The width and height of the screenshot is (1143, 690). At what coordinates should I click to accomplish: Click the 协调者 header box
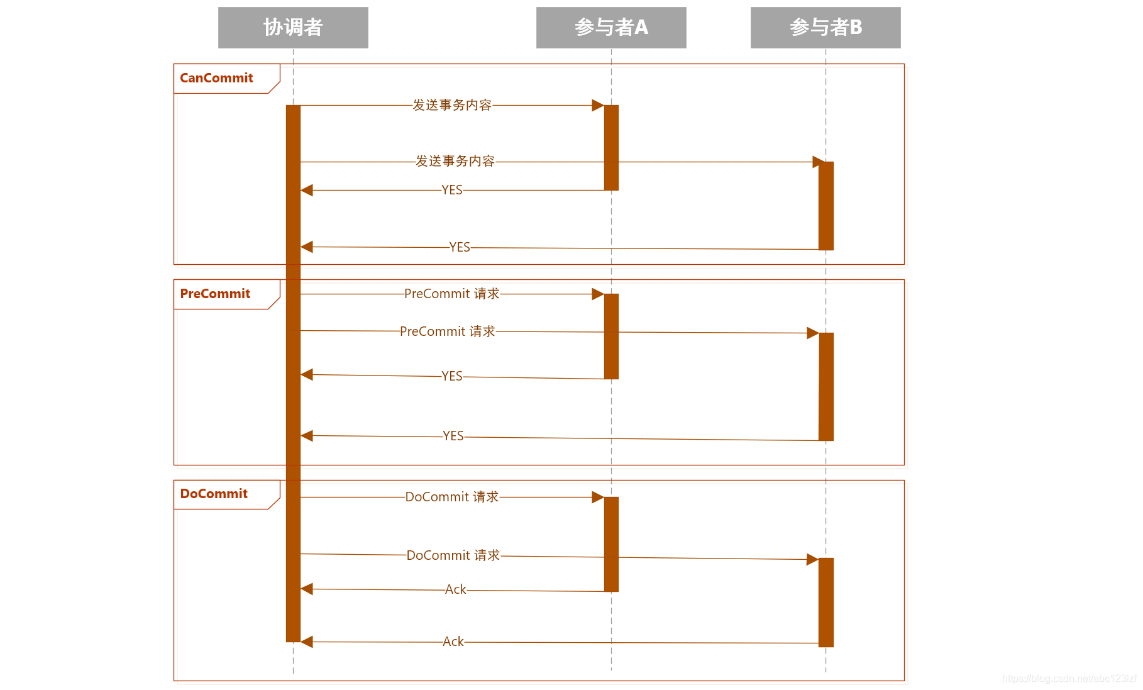[x=293, y=28]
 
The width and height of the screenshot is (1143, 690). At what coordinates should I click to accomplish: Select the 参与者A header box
[x=611, y=28]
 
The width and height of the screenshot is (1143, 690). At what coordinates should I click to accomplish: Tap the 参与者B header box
[x=825, y=28]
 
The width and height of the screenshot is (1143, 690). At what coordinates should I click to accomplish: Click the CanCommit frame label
[x=217, y=78]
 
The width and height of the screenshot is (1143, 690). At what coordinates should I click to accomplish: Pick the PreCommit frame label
[x=215, y=294]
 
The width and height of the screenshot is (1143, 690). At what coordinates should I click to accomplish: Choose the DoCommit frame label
[x=214, y=494]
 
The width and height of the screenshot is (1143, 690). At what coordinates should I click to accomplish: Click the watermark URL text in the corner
[x=1069, y=679]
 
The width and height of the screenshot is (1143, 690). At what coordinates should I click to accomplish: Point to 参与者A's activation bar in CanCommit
[x=611, y=147]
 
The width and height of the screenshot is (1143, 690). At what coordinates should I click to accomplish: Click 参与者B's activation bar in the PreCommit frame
[x=826, y=386]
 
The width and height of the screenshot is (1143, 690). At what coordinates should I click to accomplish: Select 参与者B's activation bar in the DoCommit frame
[x=826, y=602]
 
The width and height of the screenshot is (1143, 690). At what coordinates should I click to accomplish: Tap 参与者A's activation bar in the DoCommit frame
[x=611, y=544]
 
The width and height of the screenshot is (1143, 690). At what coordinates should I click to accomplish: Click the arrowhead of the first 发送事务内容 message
[x=597, y=105]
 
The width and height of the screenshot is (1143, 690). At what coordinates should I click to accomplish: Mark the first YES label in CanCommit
[x=452, y=190]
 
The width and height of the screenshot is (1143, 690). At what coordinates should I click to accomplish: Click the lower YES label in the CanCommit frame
[x=460, y=247]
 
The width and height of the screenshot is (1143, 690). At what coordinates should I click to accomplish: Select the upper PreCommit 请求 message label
[x=452, y=294]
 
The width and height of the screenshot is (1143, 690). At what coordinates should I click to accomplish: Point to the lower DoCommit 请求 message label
[x=453, y=555]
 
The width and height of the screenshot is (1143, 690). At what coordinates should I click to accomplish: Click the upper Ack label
[x=456, y=589]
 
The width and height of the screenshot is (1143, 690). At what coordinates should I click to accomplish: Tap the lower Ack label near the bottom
[x=453, y=642]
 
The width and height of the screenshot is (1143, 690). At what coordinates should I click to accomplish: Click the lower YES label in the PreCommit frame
[x=453, y=436]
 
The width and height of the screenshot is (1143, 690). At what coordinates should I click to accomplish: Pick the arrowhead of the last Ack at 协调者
[x=307, y=642]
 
